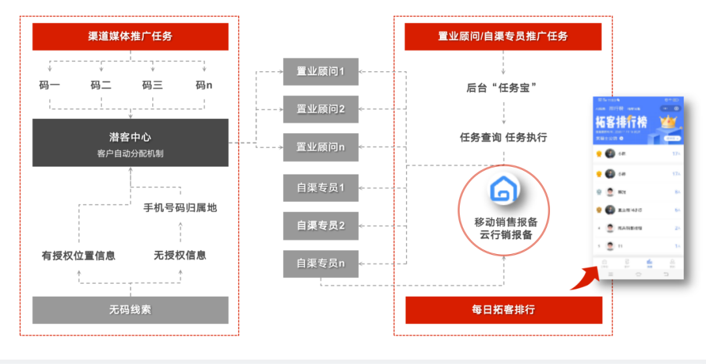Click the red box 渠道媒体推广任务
(130, 37)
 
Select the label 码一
(50, 85)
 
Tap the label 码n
(204, 85)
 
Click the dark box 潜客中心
(130, 142)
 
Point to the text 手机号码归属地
(180, 208)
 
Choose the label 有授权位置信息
(78, 256)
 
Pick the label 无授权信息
(180, 256)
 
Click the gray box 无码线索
(130, 310)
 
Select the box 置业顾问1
(320, 71)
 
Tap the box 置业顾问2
(320, 108)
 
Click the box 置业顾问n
(320, 147)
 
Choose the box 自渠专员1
(320, 188)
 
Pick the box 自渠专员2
(320, 225)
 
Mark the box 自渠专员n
(320, 263)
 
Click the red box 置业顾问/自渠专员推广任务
(503, 37)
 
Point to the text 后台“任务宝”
(503, 87)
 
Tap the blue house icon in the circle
(503, 190)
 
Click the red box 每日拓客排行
(503, 310)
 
